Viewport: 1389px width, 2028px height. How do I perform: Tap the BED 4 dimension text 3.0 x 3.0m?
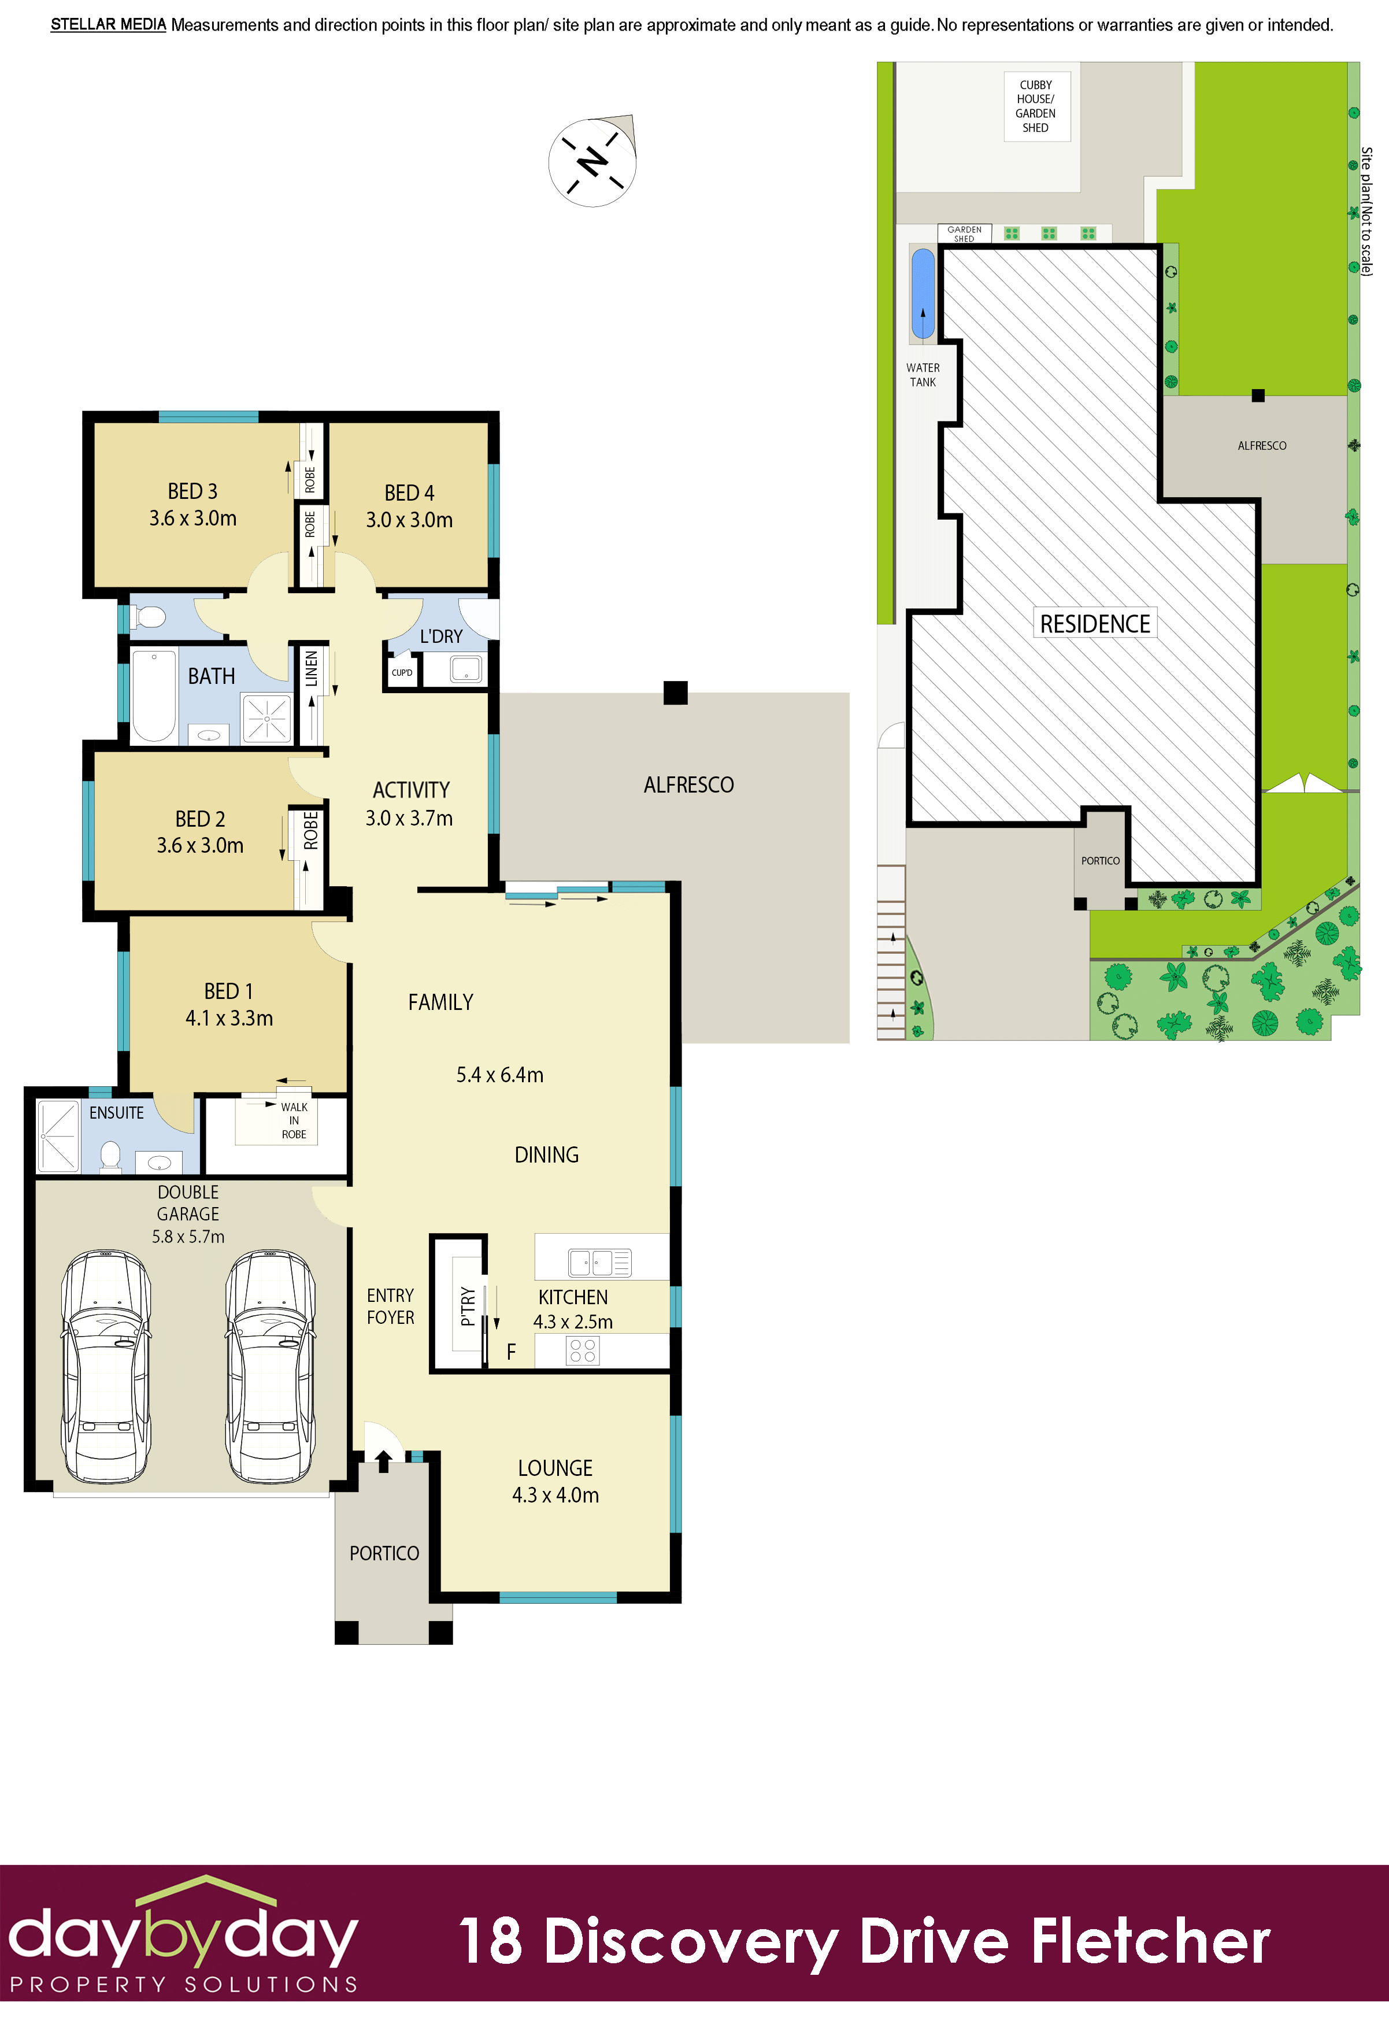click(409, 520)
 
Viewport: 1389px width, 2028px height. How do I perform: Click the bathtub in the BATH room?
click(154, 695)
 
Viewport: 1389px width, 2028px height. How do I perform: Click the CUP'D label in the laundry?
click(402, 673)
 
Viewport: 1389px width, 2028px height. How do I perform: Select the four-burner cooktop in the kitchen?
click(583, 1351)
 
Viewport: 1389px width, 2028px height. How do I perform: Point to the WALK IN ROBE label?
click(294, 1120)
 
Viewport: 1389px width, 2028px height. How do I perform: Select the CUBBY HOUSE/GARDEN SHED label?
click(1036, 106)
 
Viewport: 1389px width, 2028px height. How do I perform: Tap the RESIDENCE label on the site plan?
click(1095, 624)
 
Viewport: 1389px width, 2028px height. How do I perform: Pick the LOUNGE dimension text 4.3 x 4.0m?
click(556, 1495)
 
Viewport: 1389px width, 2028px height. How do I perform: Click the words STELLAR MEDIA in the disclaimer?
click(108, 24)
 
